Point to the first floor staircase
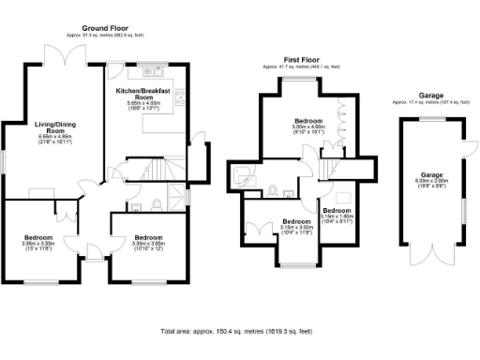tap(329, 168)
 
